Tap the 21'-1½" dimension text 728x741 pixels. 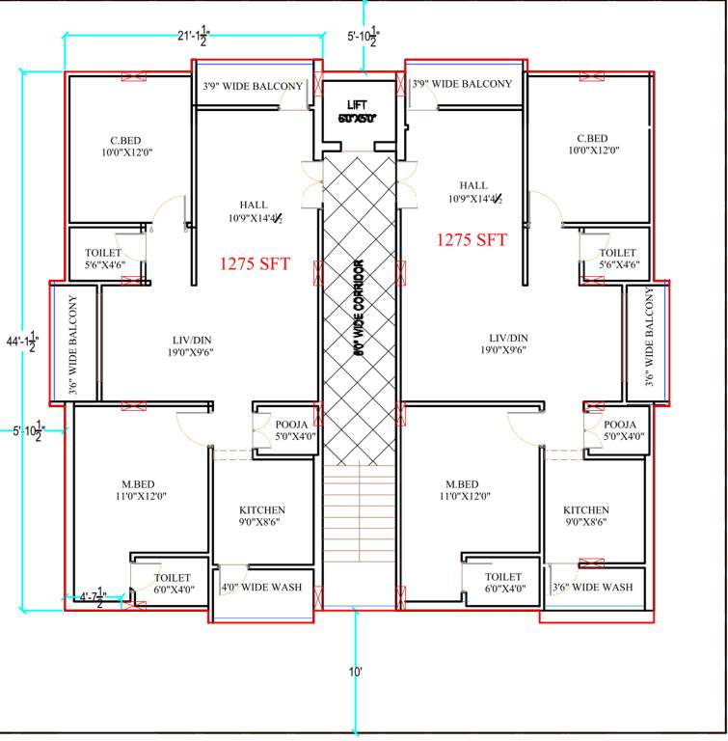[x=193, y=38]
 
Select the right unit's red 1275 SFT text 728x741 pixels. [x=472, y=240]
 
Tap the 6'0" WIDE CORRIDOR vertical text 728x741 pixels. [x=358, y=309]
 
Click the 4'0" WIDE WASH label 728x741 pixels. [x=261, y=587]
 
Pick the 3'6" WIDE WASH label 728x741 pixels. [x=592, y=587]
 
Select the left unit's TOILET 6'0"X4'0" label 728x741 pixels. [x=173, y=584]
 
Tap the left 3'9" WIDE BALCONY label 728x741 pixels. [x=253, y=87]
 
